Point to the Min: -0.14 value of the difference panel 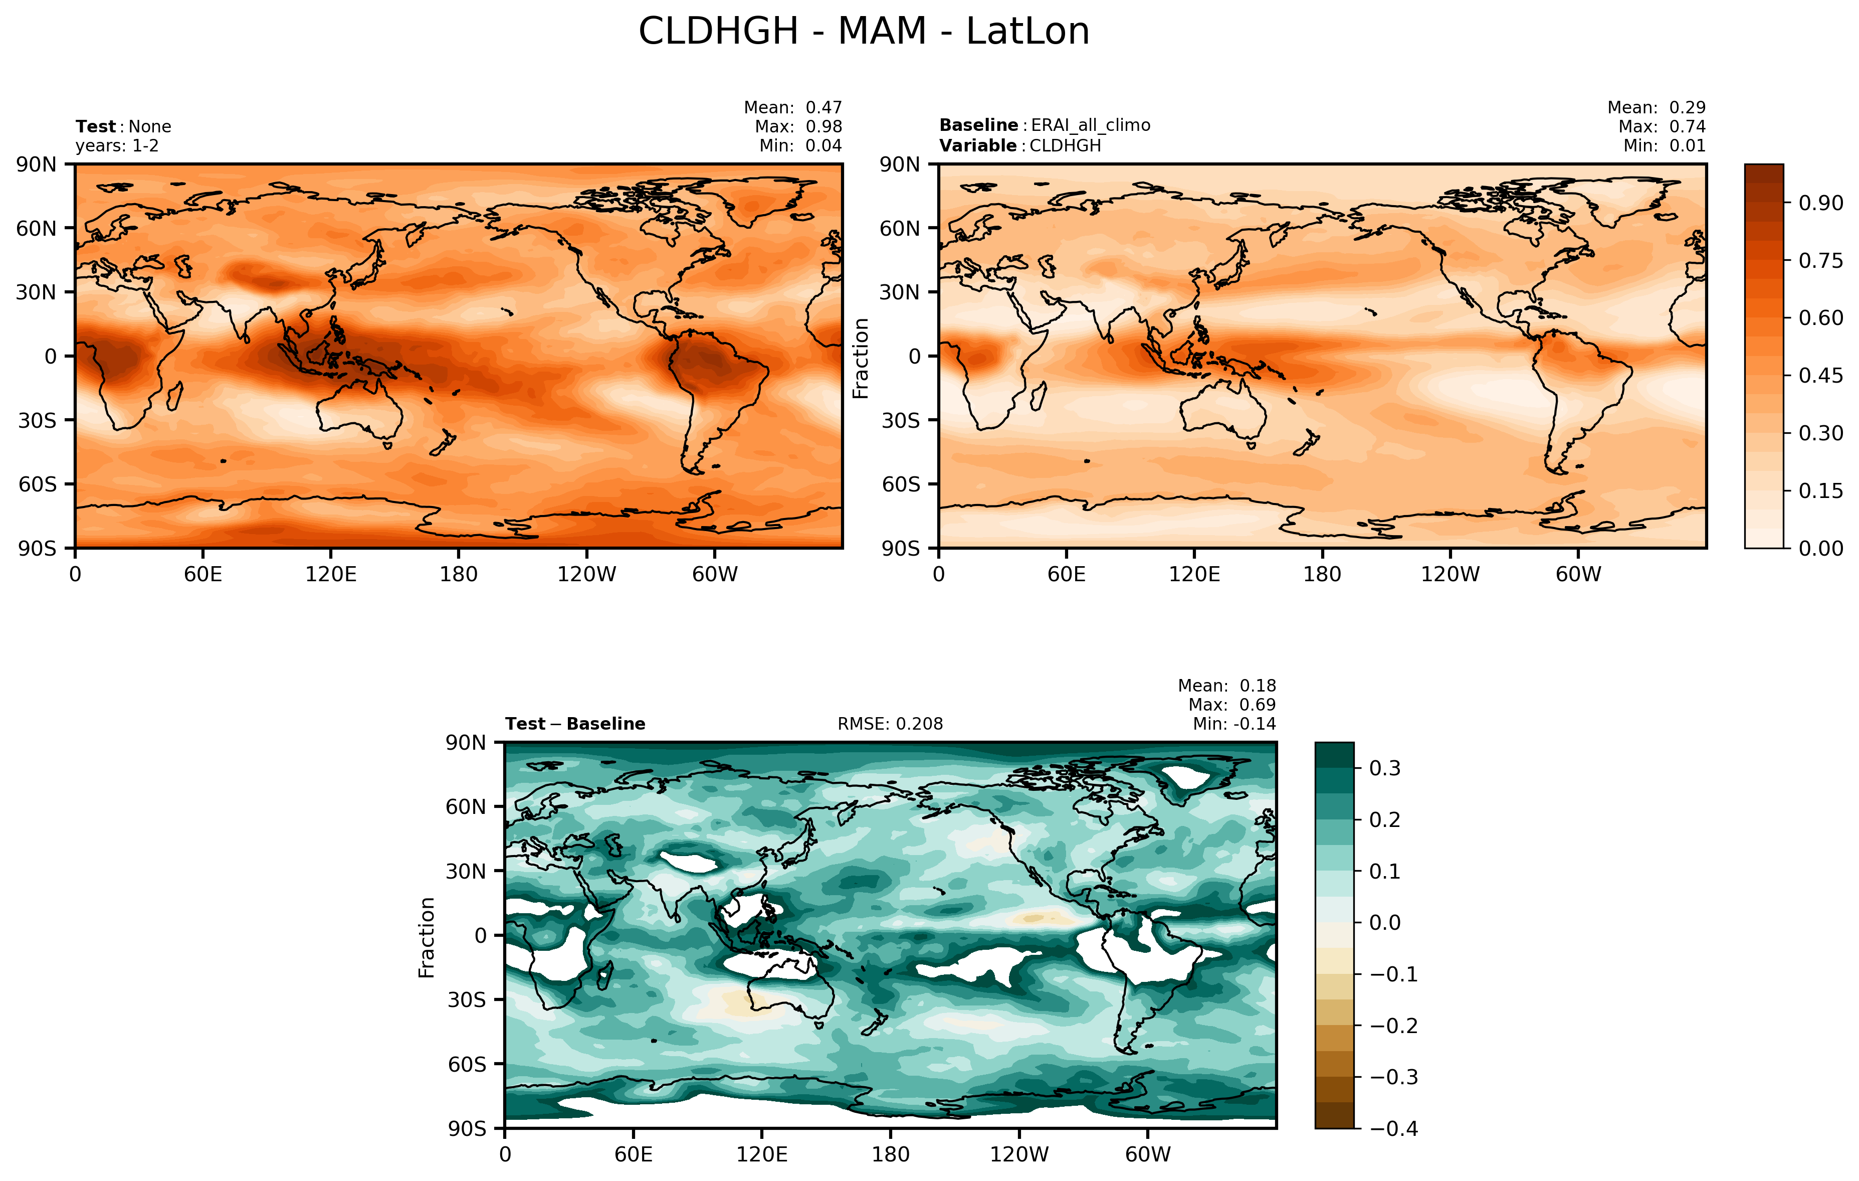click(1233, 724)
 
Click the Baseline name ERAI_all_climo click(1090, 125)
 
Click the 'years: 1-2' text click(117, 146)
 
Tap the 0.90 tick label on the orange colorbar click(1820, 203)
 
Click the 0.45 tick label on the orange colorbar click(1820, 376)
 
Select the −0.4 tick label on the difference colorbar click(1393, 1128)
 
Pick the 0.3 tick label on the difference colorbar click(1384, 769)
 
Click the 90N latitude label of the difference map click(466, 743)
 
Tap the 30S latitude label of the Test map click(37, 421)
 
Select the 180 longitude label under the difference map click(890, 1155)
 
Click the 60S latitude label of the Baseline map click(901, 485)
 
